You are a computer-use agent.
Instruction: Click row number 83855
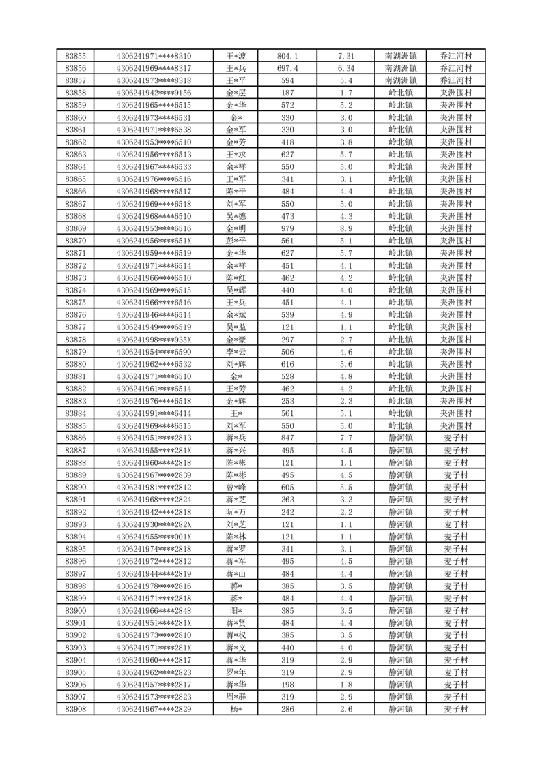pyautogui.click(x=75, y=56)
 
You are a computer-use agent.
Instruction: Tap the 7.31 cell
pyautogui.click(x=346, y=56)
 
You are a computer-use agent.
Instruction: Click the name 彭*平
pyautogui.click(x=237, y=241)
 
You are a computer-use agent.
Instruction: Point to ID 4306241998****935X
pyautogui.click(x=154, y=340)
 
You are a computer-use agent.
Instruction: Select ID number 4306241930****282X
pyautogui.click(x=154, y=524)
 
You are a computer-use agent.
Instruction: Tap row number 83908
pyautogui.click(x=75, y=709)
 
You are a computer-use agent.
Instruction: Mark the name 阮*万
pyautogui.click(x=237, y=512)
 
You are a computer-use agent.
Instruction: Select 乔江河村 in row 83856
pyautogui.click(x=456, y=68)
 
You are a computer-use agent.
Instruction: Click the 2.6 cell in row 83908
pyautogui.click(x=346, y=709)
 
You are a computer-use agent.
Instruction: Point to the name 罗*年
pyautogui.click(x=237, y=672)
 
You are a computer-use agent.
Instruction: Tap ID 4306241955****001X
pyautogui.click(x=154, y=537)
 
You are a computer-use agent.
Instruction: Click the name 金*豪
pyautogui.click(x=237, y=340)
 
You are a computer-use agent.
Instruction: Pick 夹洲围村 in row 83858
pyautogui.click(x=456, y=93)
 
